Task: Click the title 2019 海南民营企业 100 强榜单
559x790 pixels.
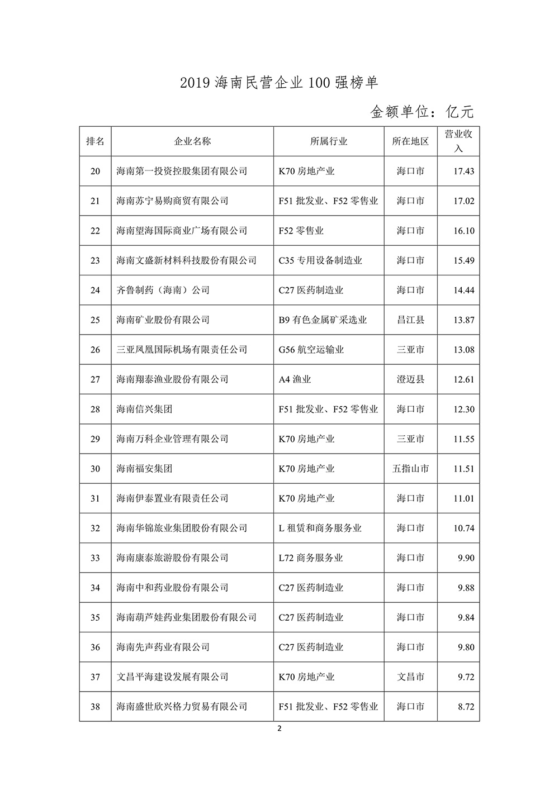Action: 279,83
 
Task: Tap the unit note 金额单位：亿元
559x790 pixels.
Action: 422,112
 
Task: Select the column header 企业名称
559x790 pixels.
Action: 192,141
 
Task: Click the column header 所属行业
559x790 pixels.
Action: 329,141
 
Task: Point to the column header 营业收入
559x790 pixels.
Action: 458,141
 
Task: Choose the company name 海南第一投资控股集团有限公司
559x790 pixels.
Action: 182,171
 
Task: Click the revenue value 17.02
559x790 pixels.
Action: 464,201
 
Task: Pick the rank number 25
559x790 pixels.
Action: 95,320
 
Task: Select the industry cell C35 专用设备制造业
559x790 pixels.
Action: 320,260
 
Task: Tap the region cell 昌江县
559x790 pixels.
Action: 410,320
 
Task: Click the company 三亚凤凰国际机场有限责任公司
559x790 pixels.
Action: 182,350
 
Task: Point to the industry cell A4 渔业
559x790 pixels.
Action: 295,379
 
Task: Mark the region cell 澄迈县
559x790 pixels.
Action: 410,379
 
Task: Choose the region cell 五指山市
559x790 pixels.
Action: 410,469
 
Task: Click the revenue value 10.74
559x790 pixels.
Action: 464,528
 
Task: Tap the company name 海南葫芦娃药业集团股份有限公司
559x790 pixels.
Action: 186,617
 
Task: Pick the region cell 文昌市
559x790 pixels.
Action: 410,677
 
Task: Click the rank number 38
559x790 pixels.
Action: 95,707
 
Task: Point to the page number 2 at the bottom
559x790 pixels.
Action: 279,729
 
